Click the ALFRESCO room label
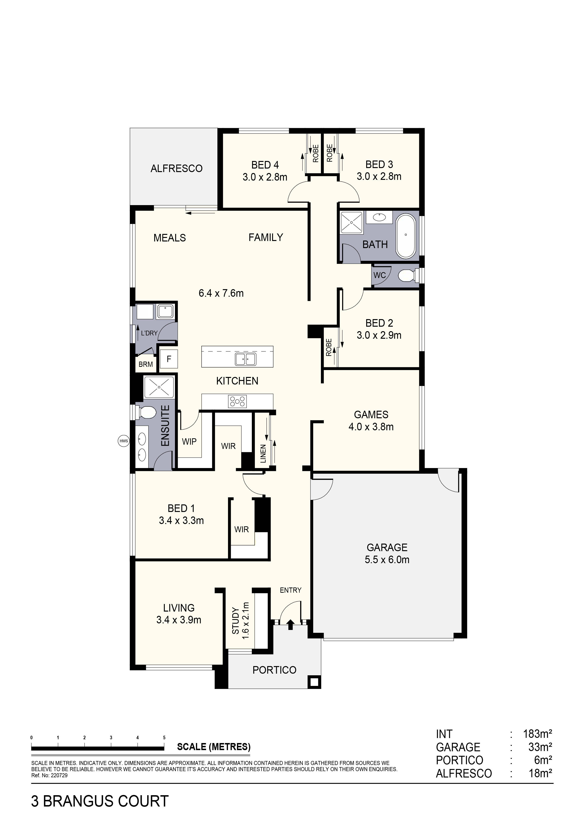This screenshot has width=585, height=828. point(177,169)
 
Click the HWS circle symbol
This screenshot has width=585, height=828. point(124,441)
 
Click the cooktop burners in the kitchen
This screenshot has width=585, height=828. point(237,401)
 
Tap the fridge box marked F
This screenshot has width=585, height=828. point(169,359)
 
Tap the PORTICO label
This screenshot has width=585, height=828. point(274,670)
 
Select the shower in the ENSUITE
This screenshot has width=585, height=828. point(159,387)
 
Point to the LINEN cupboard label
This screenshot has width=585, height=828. point(263,454)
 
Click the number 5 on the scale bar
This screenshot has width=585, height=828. point(164,738)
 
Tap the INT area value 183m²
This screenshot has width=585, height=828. point(537,734)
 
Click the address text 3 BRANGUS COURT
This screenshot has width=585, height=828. point(100,801)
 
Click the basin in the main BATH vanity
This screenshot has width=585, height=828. point(379,217)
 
